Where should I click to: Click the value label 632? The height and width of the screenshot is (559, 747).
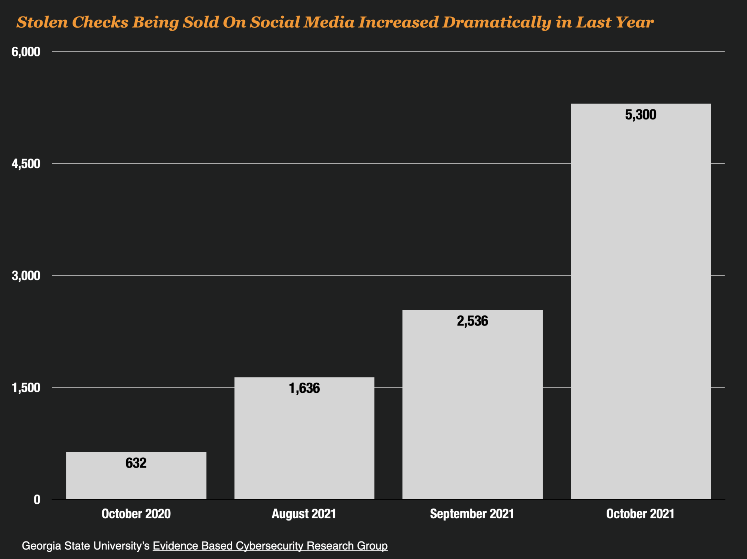point(136,463)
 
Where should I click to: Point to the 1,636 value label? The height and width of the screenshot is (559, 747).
point(304,389)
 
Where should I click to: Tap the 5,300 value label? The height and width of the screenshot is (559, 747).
point(641,115)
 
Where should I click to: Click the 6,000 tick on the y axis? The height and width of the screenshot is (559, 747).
point(26,52)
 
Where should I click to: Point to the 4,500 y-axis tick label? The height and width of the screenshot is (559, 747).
point(26,164)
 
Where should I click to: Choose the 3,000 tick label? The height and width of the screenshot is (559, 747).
point(26,276)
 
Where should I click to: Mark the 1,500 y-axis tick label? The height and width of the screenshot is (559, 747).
point(26,388)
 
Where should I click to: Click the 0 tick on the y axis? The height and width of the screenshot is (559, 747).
point(37,500)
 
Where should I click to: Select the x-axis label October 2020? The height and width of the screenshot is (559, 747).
point(136,514)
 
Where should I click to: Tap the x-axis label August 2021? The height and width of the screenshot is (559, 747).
point(304,514)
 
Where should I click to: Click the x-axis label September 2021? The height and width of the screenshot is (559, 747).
point(472,514)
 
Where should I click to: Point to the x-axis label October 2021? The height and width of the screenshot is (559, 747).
point(640,514)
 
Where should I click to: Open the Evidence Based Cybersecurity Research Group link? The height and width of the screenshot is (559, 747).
point(270,546)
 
